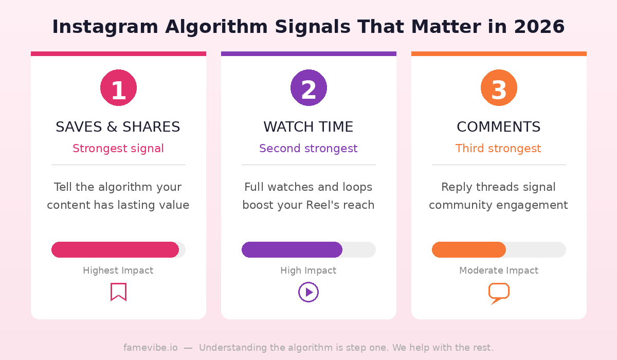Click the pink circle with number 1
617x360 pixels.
pyautogui.click(x=118, y=88)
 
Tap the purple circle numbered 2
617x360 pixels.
pyautogui.click(x=308, y=88)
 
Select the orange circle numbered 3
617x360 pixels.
pyautogui.click(x=499, y=88)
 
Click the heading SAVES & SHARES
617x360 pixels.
pyautogui.click(x=118, y=127)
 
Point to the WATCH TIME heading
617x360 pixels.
pyautogui.click(x=308, y=127)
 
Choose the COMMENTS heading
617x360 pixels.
pyautogui.click(x=498, y=127)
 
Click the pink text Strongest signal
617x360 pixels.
pyautogui.click(x=118, y=149)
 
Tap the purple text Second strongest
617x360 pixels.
pyautogui.click(x=308, y=149)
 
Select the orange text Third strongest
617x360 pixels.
pyautogui.click(x=498, y=149)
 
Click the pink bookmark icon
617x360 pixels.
pyautogui.click(x=118, y=292)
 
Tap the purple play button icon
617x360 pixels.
pyautogui.click(x=308, y=292)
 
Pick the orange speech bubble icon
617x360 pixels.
pyautogui.click(x=498, y=293)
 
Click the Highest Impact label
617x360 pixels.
pyautogui.click(x=118, y=271)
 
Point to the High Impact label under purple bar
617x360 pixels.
pyautogui.click(x=308, y=271)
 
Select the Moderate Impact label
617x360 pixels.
pyautogui.click(x=498, y=271)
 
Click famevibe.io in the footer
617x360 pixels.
pyautogui.click(x=150, y=348)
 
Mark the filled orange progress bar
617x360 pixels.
pyautogui.click(x=468, y=249)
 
